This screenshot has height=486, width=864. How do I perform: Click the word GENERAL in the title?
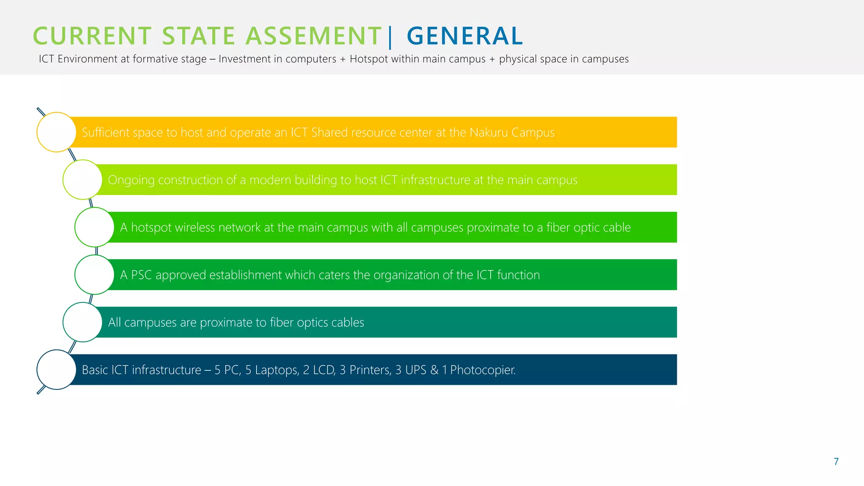point(464,36)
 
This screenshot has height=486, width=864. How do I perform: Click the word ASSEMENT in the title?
point(313,36)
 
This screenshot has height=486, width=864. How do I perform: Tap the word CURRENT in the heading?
point(92,36)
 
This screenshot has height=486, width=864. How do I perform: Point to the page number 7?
point(836,462)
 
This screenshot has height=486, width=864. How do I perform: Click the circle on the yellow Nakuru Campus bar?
point(56,132)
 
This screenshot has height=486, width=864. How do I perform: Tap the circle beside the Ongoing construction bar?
point(82,180)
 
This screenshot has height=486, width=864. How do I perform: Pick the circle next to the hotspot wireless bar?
point(94,227)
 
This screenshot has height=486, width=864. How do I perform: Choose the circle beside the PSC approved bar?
point(94,275)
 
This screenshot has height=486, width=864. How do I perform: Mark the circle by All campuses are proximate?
point(82,322)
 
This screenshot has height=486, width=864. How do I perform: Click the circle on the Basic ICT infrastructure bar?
point(56,370)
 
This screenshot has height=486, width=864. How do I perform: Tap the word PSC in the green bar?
point(141,275)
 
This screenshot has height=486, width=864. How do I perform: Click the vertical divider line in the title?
point(390,37)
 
